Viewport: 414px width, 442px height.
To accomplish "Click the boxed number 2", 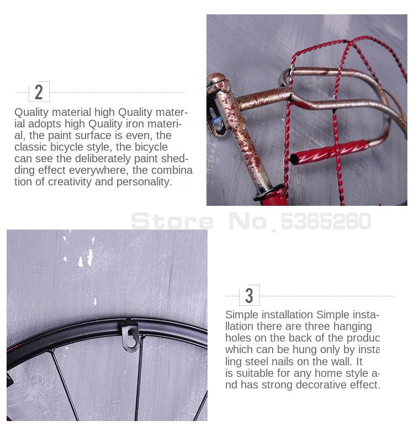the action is point(39,92).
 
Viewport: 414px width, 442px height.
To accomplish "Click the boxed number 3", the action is point(249,295).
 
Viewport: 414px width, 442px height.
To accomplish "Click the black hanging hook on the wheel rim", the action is point(130,336).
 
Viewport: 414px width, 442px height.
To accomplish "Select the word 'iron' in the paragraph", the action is point(135,124).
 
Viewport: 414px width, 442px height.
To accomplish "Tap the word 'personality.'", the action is point(144,182).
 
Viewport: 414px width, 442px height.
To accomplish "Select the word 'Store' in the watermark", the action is point(172,221).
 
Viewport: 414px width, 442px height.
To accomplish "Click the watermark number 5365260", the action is point(326,221).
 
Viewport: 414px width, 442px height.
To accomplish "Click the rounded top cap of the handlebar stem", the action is point(216,78).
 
